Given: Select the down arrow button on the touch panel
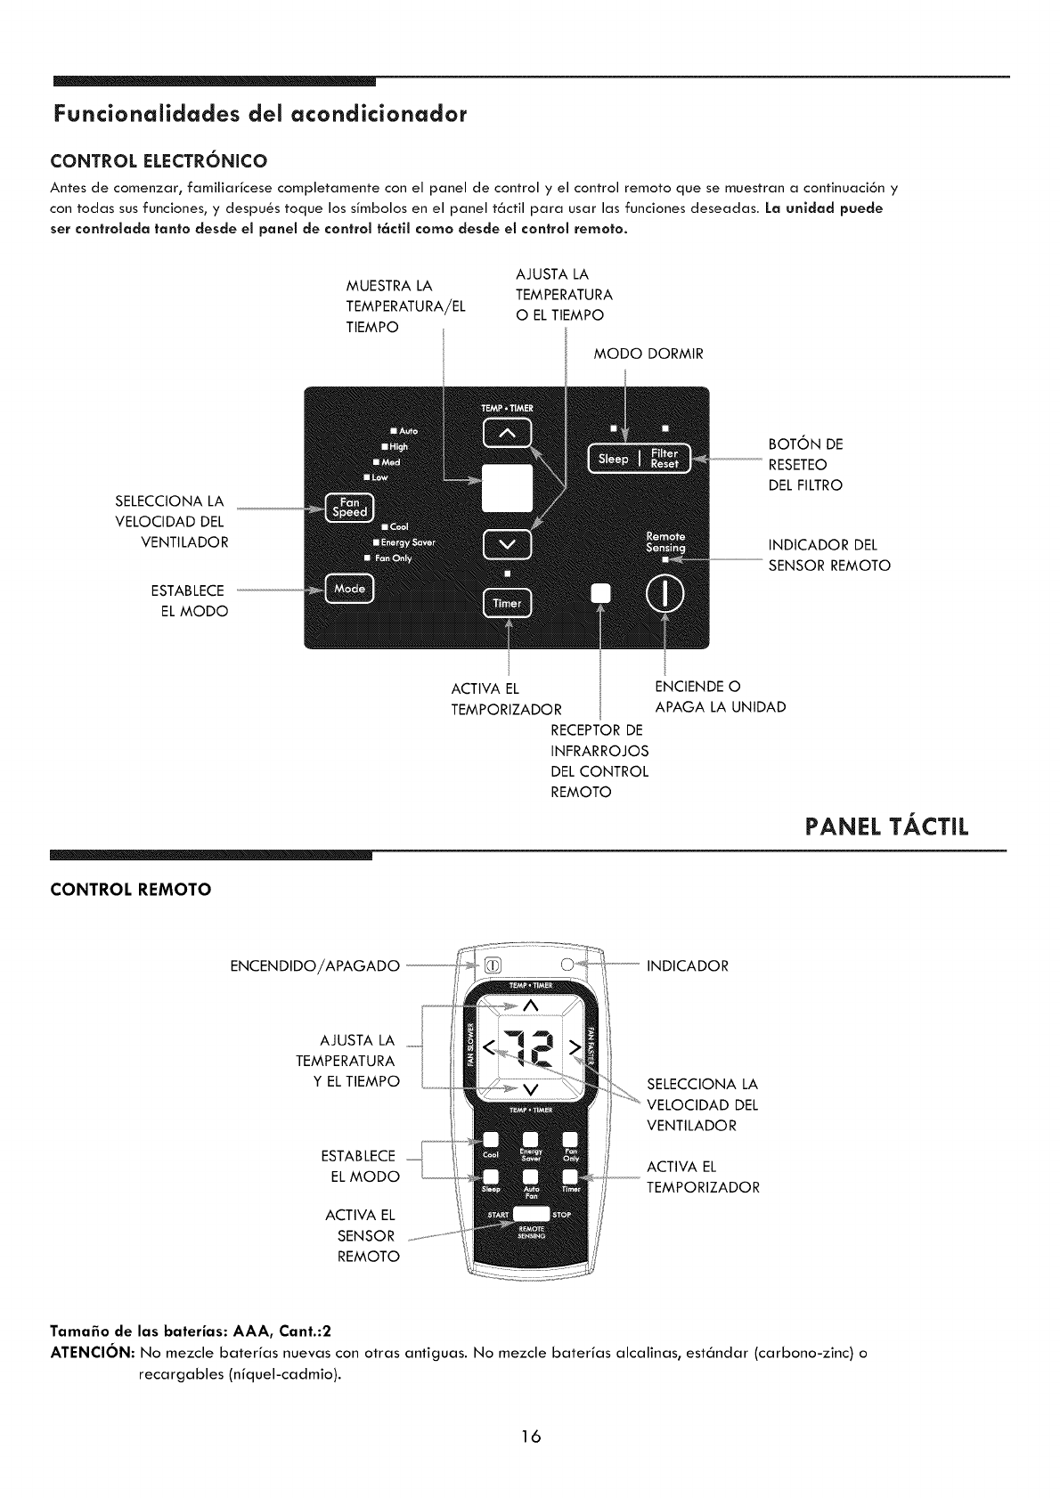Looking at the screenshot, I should pyautogui.click(x=506, y=545).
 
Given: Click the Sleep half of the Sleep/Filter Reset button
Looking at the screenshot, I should pyautogui.click(x=614, y=459).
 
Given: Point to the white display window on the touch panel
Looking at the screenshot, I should pyautogui.click(x=506, y=489).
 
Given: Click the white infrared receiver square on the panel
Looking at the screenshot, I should pyautogui.click(x=602, y=594).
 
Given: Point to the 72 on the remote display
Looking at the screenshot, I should pyautogui.click(x=529, y=1049).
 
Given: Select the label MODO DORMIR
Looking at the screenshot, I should pyautogui.click(x=648, y=354).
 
